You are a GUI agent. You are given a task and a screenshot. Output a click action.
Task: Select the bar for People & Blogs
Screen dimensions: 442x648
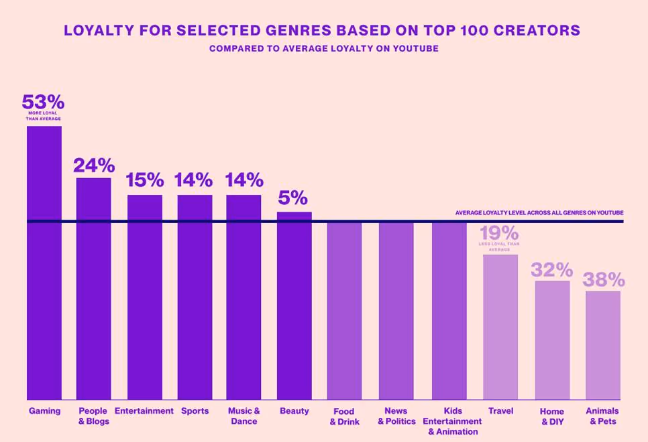[x=93, y=288]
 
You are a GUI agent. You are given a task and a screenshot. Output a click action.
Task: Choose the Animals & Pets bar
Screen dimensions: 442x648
[x=603, y=345]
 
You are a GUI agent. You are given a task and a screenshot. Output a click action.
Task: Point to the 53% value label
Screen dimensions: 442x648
[x=43, y=102]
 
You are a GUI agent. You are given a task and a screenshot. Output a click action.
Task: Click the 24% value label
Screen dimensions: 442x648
[x=94, y=165]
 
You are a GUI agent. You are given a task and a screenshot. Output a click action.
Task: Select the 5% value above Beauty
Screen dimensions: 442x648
[x=293, y=198]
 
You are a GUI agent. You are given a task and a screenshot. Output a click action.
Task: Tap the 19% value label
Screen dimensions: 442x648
[x=499, y=233]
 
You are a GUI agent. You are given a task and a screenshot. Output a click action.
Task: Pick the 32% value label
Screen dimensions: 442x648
[x=551, y=270]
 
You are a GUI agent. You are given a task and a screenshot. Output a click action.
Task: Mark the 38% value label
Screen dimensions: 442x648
[x=604, y=280]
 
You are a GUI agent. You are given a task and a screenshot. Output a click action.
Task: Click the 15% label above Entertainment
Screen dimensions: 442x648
[x=145, y=180]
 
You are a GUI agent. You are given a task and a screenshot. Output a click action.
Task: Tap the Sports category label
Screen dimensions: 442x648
[x=195, y=411]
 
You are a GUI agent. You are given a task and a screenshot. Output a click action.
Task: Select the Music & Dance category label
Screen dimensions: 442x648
[x=244, y=416]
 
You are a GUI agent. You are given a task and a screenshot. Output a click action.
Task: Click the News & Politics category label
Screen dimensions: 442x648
[x=396, y=416]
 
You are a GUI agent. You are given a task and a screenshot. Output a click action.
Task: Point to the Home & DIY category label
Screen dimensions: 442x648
[x=552, y=416]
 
